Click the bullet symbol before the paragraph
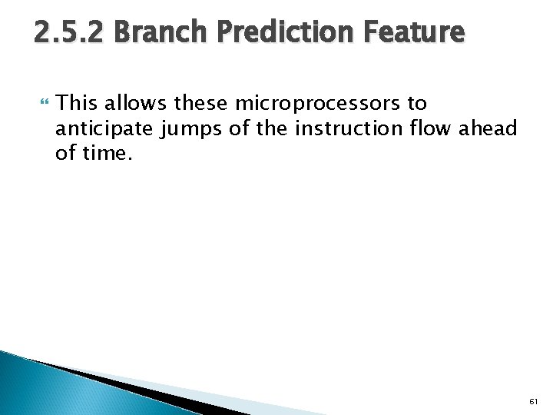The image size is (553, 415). (x=42, y=103)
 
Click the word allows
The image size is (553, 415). (x=135, y=103)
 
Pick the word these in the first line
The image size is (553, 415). (x=203, y=103)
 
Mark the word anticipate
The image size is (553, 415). (x=104, y=128)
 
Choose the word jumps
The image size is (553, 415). (x=192, y=128)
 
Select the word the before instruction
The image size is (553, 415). (x=273, y=128)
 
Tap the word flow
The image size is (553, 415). (x=431, y=128)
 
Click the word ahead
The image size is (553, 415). (x=488, y=128)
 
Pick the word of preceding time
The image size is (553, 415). (x=64, y=153)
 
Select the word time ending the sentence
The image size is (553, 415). (x=104, y=153)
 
